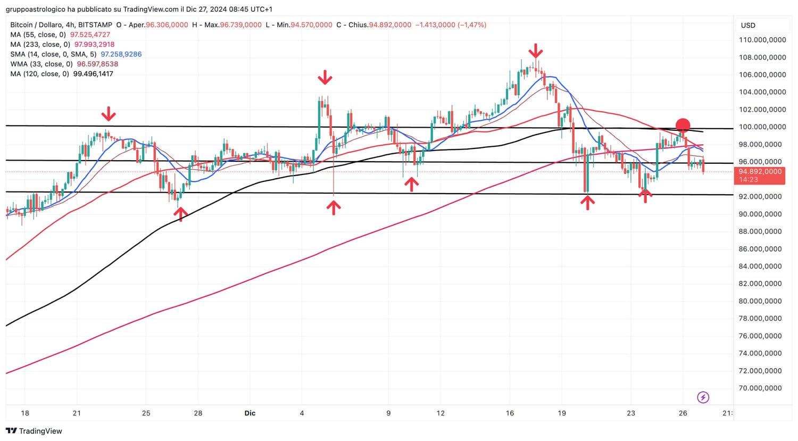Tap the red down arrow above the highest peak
coord(536,52)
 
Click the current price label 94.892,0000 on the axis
coord(760,172)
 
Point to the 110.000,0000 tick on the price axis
coord(762,40)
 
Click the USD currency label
coord(748,26)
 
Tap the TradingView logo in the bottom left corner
coord(34,431)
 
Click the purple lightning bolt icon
coord(703,397)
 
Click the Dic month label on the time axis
coord(250,413)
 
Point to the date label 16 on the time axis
coord(510,413)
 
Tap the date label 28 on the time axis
coord(198,413)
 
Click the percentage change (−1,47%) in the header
coord(472,25)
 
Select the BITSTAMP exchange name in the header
coord(95,25)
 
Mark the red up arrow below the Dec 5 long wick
coord(334,207)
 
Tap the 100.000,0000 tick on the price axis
coord(762,127)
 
